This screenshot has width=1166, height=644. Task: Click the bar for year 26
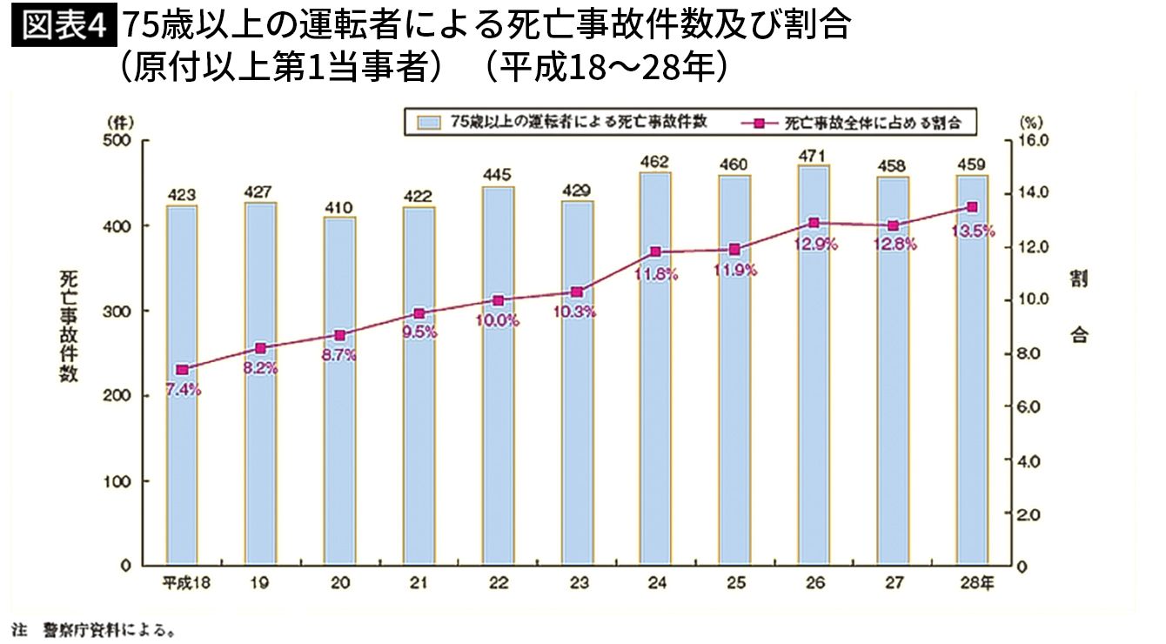pos(814,392)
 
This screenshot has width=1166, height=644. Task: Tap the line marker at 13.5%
pos(972,207)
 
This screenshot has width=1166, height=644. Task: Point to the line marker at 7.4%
pos(182,370)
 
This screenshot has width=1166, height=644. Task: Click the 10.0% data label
pos(499,319)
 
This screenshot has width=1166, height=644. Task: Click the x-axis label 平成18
pos(182,584)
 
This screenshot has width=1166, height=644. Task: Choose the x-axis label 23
pos(577,584)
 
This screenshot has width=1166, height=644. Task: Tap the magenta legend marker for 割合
pos(760,123)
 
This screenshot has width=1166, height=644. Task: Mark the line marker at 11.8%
pos(655,252)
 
